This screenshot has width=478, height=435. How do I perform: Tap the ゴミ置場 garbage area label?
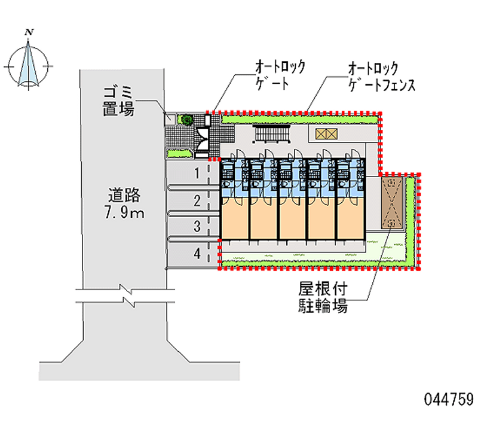(x=117, y=100)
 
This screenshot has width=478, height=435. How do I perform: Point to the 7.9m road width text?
(x=124, y=212)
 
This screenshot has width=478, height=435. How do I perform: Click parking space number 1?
(x=196, y=174)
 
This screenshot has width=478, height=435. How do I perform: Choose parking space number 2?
(x=196, y=200)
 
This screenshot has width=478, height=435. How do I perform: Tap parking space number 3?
(x=196, y=227)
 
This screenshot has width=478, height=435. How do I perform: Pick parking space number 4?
(x=196, y=253)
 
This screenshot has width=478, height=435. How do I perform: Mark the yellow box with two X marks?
(x=322, y=134)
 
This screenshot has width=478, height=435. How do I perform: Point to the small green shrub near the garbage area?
(x=186, y=120)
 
